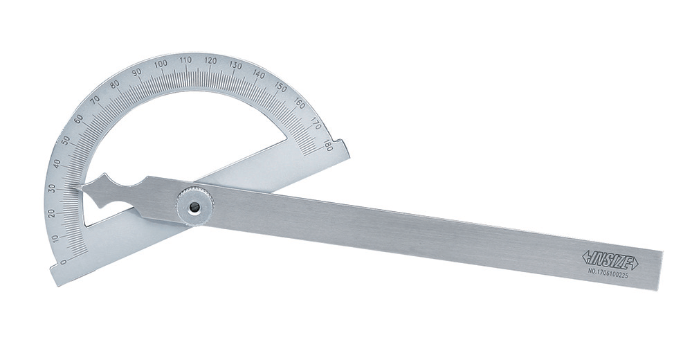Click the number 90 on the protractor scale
[x=137, y=72]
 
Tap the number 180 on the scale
[x=327, y=145]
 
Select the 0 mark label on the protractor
[x=63, y=262]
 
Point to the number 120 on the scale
[x=211, y=60]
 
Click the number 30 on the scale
[x=54, y=188]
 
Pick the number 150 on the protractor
[x=280, y=86]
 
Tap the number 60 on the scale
[x=79, y=119]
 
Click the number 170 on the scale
[x=316, y=123]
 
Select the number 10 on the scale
[x=55, y=239]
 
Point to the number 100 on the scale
[x=161, y=64]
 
